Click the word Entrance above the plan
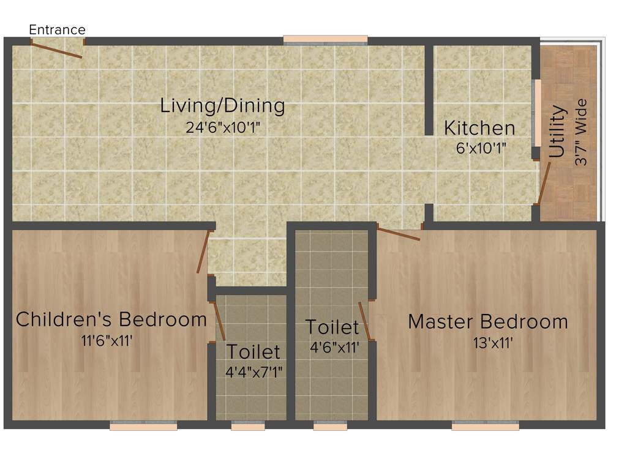point(58,29)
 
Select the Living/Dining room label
point(222,106)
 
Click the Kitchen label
point(479,129)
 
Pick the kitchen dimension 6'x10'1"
point(481,148)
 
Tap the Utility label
point(557,132)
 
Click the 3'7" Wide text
point(582,132)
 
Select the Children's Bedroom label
point(111,319)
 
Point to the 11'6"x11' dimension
point(107,341)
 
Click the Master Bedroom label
point(488,321)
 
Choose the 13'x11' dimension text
point(488,343)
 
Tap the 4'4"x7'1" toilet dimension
point(253,371)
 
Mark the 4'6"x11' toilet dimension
point(334,347)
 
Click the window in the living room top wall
point(325,40)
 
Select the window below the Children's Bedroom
point(143,426)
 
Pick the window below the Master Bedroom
point(485,426)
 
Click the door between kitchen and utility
point(543,182)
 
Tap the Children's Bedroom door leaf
point(203,252)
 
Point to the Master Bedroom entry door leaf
point(398,233)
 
